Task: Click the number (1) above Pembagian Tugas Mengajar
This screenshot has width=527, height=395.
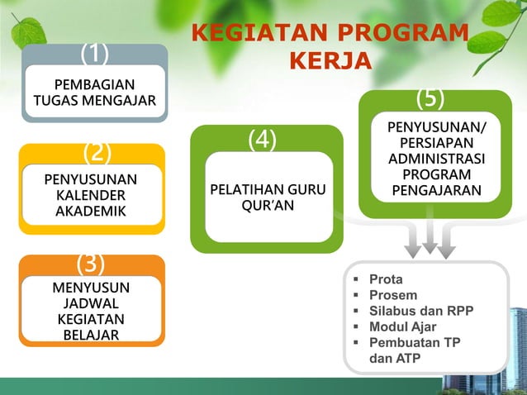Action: (x=95, y=54)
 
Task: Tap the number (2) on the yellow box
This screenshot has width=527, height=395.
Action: (x=96, y=153)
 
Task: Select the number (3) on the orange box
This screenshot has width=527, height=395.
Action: (x=90, y=264)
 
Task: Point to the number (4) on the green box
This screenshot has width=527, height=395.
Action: (x=262, y=140)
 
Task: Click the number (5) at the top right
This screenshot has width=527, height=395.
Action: (x=430, y=98)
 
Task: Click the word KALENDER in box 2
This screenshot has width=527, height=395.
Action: (x=91, y=195)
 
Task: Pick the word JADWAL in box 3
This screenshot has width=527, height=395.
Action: (x=91, y=303)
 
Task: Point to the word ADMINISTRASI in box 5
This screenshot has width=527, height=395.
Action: (x=436, y=159)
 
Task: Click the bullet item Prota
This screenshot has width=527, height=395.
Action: (x=386, y=279)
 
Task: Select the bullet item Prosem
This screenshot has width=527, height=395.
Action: (x=392, y=295)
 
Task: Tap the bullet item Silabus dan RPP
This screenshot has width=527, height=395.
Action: (x=420, y=311)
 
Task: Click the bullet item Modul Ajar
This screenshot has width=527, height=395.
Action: (x=402, y=326)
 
